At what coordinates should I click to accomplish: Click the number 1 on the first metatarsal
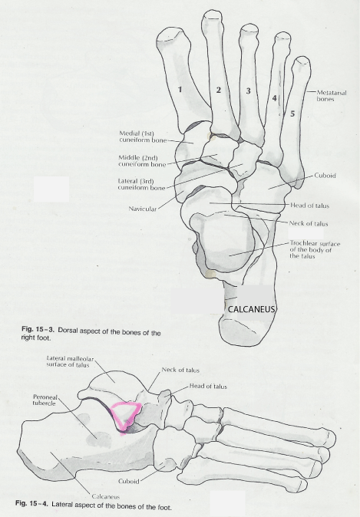point(180,89)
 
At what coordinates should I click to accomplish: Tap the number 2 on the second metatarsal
point(219,90)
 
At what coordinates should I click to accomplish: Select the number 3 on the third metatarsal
point(249,91)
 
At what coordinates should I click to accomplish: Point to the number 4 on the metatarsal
point(274,98)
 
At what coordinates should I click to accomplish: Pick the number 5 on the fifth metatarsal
point(292,114)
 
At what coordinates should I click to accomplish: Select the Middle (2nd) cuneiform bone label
point(142,161)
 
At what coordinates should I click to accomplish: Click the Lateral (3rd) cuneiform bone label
point(141,184)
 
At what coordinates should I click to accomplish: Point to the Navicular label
point(143,209)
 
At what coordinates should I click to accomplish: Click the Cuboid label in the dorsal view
point(325,176)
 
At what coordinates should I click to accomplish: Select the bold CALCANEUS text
point(252,309)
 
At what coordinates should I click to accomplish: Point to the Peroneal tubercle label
point(45,400)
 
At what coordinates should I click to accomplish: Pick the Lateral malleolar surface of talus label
point(70,361)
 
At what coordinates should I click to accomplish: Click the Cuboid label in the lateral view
point(128,482)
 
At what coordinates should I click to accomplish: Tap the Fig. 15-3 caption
point(91,335)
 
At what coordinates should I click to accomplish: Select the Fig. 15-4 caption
point(94,505)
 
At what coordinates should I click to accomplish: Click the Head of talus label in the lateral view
point(208,386)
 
